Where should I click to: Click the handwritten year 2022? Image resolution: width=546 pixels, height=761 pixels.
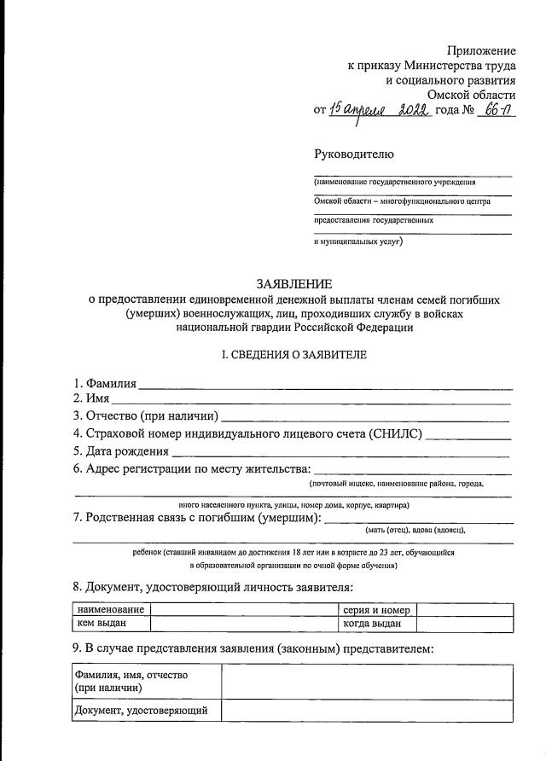pos(412,112)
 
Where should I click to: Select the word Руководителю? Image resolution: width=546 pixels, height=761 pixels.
pos(354,154)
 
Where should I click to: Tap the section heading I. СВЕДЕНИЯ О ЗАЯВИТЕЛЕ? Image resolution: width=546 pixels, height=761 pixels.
pos(294,355)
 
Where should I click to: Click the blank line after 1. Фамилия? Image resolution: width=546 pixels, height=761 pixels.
pos(325,386)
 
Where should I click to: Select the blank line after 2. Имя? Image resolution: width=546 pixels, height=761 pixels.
pos(311,401)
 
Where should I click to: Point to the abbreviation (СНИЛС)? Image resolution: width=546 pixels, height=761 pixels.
pos(395,434)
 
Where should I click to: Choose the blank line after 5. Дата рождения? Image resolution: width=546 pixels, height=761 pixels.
pos(341,452)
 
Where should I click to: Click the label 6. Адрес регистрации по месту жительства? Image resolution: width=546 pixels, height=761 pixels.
pos(192,469)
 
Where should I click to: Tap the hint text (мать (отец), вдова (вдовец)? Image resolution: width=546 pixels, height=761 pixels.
pos(415,530)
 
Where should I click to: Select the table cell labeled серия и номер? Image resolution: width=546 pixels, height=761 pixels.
pos(378,610)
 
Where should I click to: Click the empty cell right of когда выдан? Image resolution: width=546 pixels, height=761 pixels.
pos(465,624)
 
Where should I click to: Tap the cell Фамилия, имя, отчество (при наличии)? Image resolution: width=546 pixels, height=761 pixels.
pos(147,681)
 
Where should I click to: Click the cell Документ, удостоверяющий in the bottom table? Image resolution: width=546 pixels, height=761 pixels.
pos(147,710)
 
